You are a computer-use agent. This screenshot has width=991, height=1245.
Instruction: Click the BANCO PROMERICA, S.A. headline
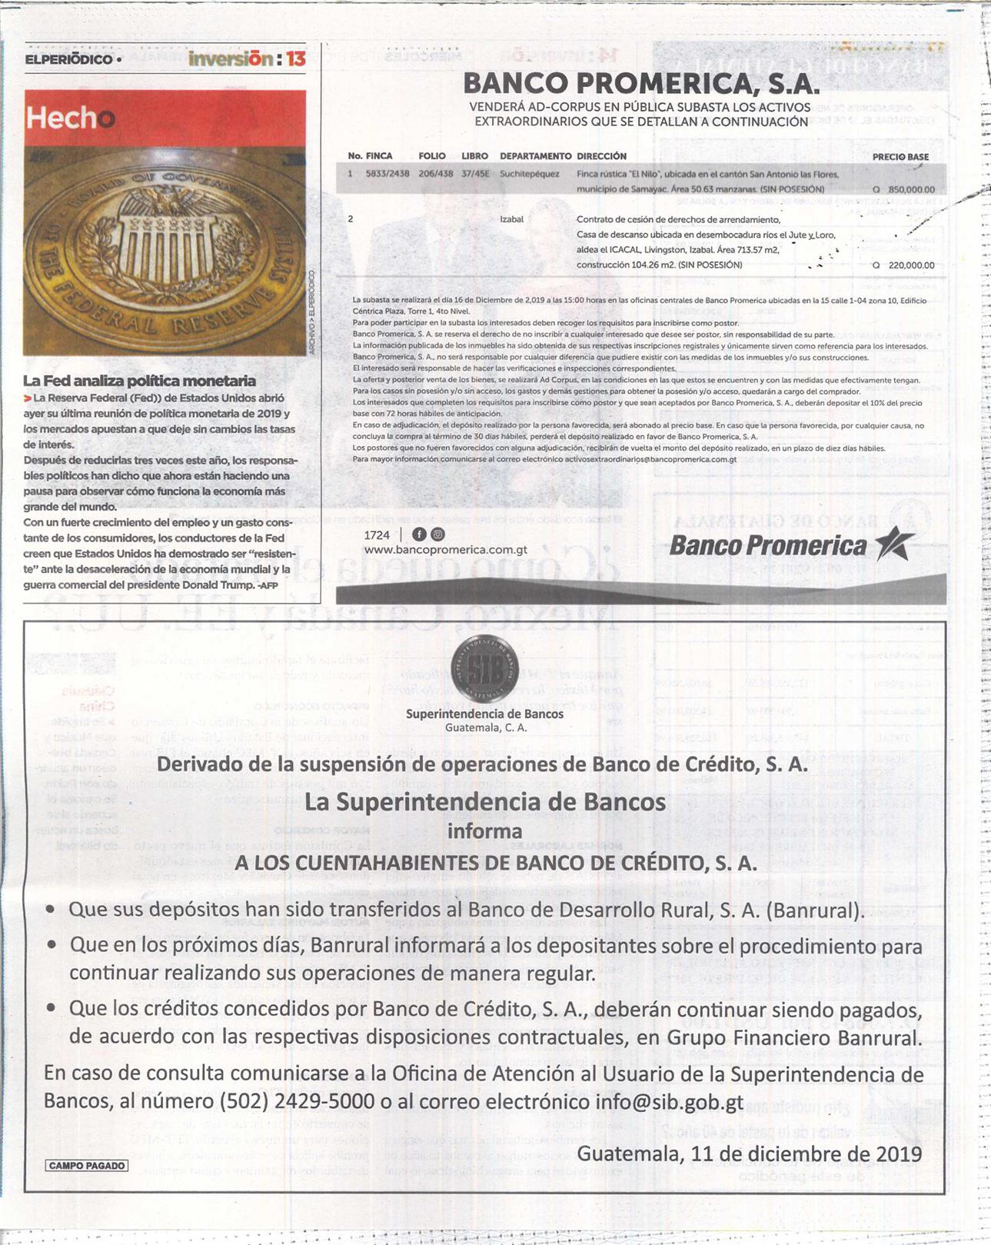(640, 83)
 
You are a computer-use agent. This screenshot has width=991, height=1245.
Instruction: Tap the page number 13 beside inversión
(296, 58)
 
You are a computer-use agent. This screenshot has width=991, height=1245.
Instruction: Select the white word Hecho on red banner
(70, 118)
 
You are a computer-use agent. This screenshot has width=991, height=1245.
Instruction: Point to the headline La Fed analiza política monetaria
(139, 381)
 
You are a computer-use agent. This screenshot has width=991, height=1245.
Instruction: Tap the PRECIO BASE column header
(900, 157)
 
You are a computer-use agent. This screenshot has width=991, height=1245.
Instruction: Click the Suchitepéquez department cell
(530, 174)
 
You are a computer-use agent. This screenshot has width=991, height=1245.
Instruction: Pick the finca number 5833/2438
(387, 174)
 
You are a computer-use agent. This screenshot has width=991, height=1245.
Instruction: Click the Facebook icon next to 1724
(419, 534)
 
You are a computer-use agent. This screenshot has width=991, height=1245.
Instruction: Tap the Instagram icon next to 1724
(437, 534)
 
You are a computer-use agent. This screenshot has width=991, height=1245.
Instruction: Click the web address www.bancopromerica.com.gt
(445, 550)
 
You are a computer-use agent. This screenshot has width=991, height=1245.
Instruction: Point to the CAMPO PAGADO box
(86, 1166)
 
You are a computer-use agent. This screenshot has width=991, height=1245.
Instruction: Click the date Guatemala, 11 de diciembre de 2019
(749, 1153)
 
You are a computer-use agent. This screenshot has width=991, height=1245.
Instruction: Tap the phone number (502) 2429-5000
(297, 1101)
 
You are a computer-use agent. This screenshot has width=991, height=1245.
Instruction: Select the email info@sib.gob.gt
(669, 1101)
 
